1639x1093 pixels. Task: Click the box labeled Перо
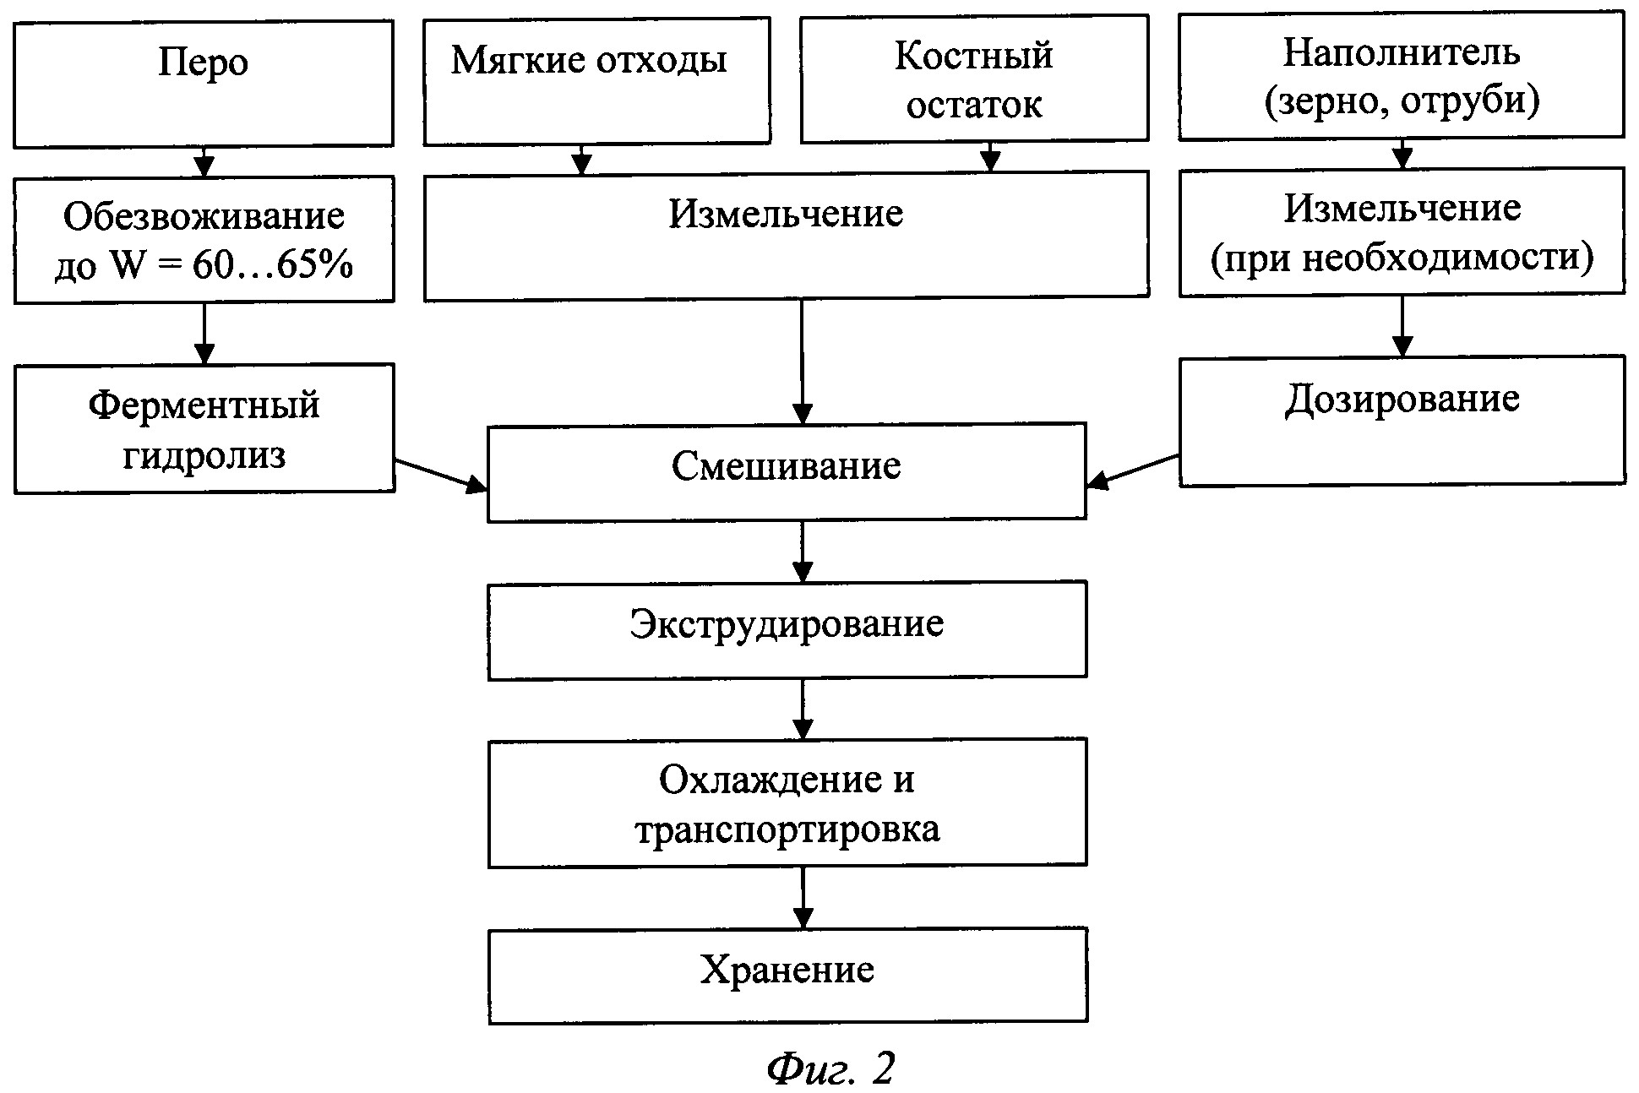[x=203, y=84]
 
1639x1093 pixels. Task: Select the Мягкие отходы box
[x=596, y=80]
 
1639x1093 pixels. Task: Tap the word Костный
[x=973, y=56]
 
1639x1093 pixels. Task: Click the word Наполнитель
[x=1401, y=52]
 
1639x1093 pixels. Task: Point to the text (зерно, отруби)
[x=1401, y=101]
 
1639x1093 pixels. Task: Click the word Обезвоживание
[x=204, y=217]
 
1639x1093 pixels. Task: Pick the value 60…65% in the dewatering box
[x=272, y=266]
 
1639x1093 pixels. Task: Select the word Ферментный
[x=204, y=405]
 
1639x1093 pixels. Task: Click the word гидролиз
[x=204, y=455]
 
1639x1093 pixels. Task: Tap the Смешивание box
[x=786, y=471]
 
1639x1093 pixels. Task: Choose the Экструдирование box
[x=786, y=628]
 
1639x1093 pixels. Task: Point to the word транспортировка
[x=786, y=829]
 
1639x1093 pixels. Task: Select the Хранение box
[x=786, y=975]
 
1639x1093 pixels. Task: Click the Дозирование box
[x=1401, y=421]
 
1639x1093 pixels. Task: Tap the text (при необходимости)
[x=1401, y=258]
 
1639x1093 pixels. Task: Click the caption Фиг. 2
[x=830, y=1069]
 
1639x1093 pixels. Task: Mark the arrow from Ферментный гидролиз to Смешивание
[x=440, y=474]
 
